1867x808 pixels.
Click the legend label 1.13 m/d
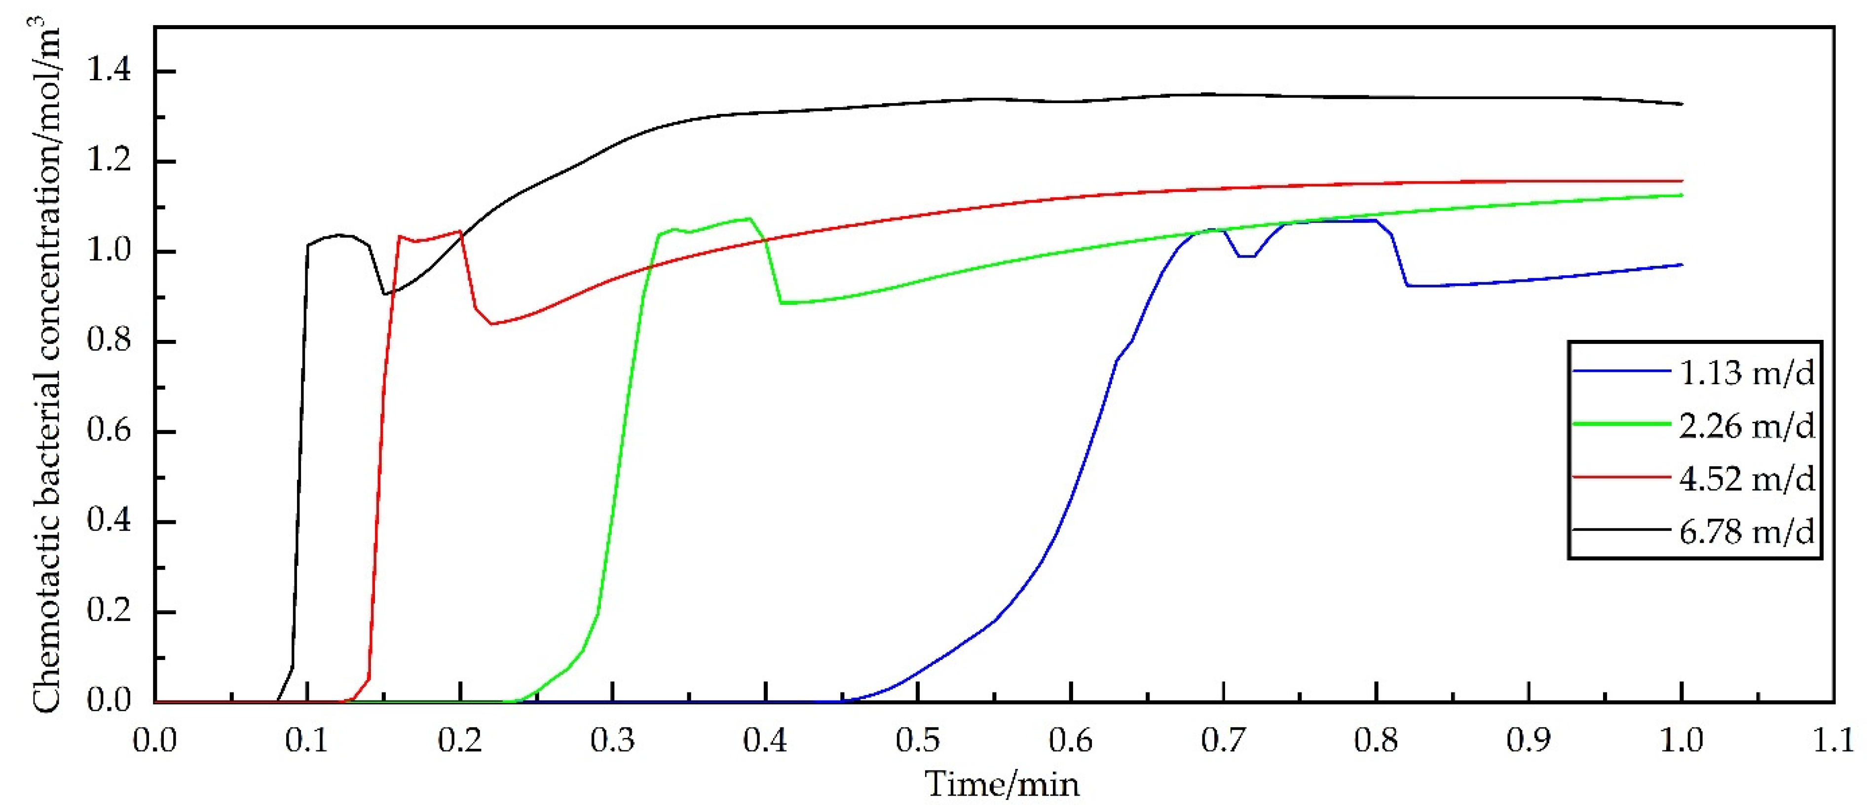point(1747,372)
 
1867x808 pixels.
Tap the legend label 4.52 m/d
point(1747,479)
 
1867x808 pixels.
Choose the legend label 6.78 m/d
point(1747,532)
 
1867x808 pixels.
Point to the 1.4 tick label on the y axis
point(109,71)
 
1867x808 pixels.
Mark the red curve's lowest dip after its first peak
point(492,324)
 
